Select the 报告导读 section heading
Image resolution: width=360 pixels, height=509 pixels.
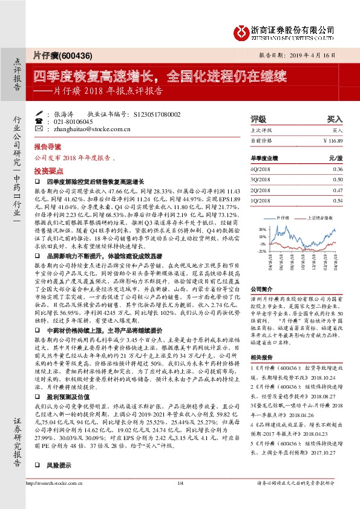pyautogui.click(x=47, y=147)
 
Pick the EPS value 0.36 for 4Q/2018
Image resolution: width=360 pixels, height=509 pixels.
pyautogui.click(x=338, y=169)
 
